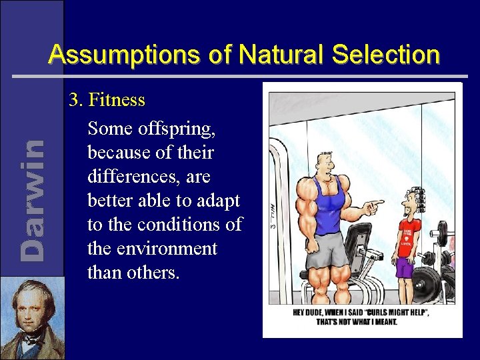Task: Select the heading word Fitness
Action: [117, 100]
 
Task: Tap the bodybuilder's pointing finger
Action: [378, 202]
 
